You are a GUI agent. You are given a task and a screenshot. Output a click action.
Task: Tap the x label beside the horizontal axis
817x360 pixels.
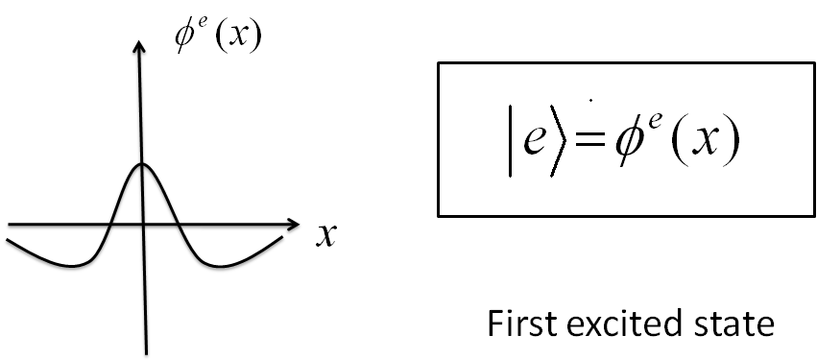pyautogui.click(x=325, y=235)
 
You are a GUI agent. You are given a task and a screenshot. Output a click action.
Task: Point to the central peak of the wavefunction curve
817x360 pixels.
pyautogui.click(x=142, y=164)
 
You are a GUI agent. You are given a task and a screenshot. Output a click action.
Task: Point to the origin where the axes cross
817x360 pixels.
pyautogui.click(x=142, y=227)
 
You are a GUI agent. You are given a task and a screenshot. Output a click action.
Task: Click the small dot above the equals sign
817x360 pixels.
pyautogui.click(x=589, y=98)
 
